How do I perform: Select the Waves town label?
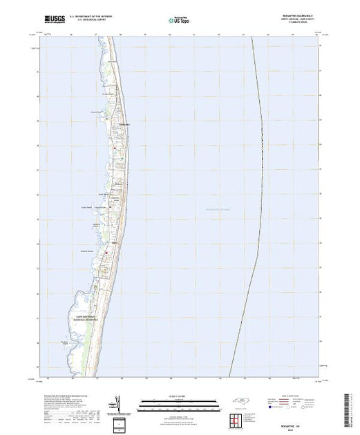point(119,183)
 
